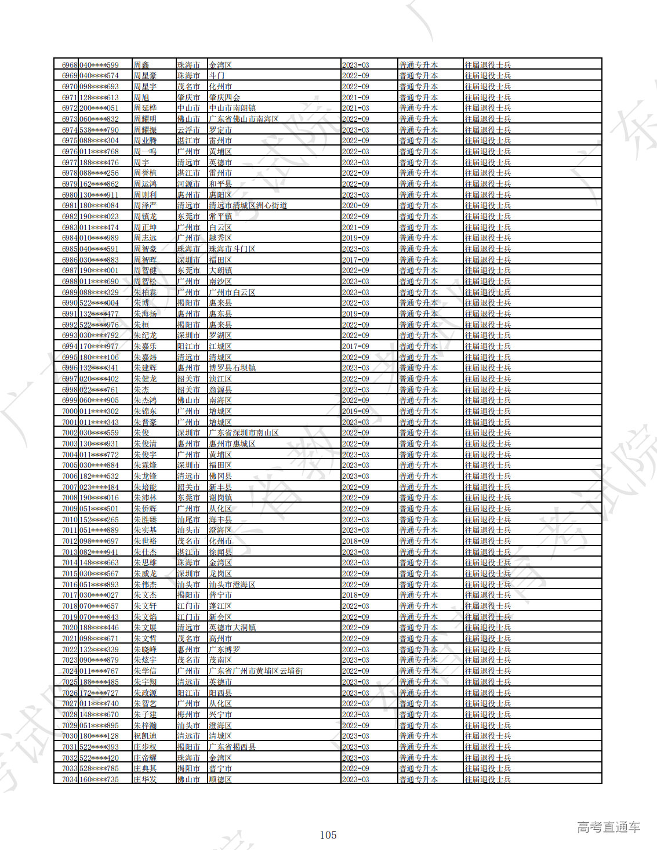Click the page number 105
tap(328, 835)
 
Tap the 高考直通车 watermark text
tap(608, 827)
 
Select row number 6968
tap(70, 65)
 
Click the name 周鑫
tap(141, 65)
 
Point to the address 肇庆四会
tap(224, 97)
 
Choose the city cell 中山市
tap(188, 108)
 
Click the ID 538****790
tap(99, 130)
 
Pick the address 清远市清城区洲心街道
tap(248, 205)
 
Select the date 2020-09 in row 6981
tap(355, 205)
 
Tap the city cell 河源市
tap(188, 184)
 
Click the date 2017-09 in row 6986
tap(355, 260)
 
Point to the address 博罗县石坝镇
tap(232, 368)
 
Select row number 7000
tap(70, 411)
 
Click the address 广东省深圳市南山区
tap(244, 433)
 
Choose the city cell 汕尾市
tap(188, 520)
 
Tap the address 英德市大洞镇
tap(232, 627)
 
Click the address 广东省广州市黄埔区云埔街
tap(256, 671)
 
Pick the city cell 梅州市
tap(188, 714)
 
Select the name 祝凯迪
tap(145, 736)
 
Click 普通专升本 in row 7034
tap(418, 779)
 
